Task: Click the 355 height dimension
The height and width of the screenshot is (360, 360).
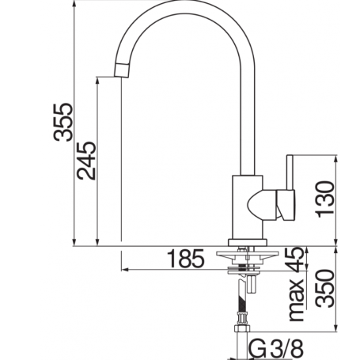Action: tap(63, 122)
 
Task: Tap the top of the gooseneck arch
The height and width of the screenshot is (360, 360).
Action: tap(189, 8)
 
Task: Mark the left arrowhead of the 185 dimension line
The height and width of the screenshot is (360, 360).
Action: tap(126, 268)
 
